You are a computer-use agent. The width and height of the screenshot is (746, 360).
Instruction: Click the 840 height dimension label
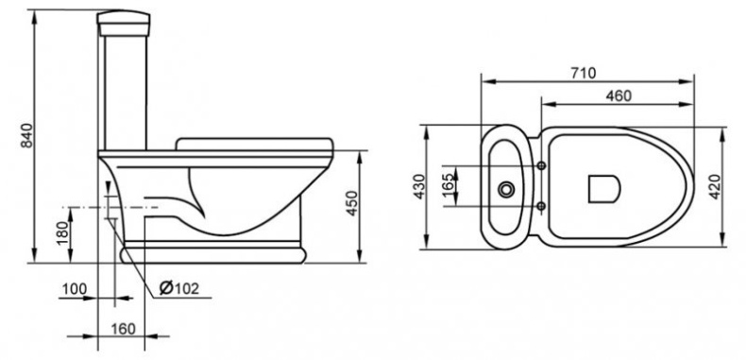(x=26, y=135)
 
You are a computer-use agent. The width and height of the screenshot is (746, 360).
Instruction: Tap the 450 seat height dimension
(x=351, y=203)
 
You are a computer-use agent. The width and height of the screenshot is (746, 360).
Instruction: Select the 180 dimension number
(x=63, y=232)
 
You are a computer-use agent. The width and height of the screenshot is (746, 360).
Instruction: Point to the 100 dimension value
(x=75, y=289)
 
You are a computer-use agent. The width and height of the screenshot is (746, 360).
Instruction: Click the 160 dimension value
(x=123, y=329)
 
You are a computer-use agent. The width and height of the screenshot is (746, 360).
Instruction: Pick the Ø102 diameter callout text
(x=178, y=288)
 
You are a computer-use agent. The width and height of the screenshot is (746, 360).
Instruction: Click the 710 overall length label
(x=584, y=74)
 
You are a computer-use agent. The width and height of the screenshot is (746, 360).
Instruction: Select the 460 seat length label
(x=619, y=96)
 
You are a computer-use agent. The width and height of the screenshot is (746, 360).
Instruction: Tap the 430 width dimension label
(x=418, y=186)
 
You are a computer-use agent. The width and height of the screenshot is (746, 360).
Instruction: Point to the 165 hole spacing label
(x=449, y=186)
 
